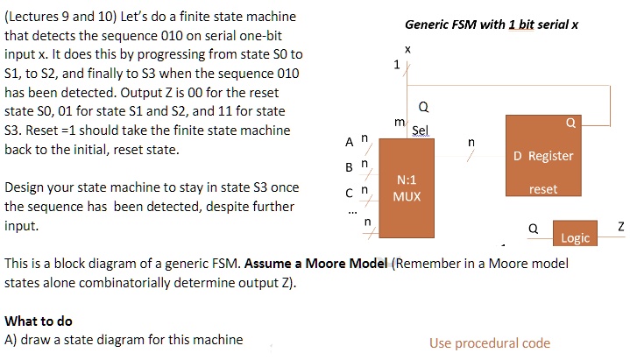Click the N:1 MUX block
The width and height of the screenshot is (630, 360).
407,188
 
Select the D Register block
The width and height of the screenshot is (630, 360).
543,156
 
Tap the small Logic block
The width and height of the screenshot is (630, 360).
575,233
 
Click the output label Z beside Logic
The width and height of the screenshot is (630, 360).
621,227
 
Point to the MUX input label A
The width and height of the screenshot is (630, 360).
349,142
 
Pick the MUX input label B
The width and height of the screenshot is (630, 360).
349,167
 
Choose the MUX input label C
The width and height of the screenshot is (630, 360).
349,194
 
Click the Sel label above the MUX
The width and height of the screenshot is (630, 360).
421,131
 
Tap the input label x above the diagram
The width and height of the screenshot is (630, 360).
407,49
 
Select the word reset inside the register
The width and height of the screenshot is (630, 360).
543,189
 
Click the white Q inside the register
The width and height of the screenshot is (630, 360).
570,123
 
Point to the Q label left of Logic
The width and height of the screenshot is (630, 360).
533,229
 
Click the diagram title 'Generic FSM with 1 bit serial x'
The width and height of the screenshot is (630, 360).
492,25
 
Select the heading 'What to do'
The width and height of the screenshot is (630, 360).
39,321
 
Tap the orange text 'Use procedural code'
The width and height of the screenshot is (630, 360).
490,343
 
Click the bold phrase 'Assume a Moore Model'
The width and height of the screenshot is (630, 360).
315,264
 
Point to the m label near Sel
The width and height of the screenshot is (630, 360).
400,122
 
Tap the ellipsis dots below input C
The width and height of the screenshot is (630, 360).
352,212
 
